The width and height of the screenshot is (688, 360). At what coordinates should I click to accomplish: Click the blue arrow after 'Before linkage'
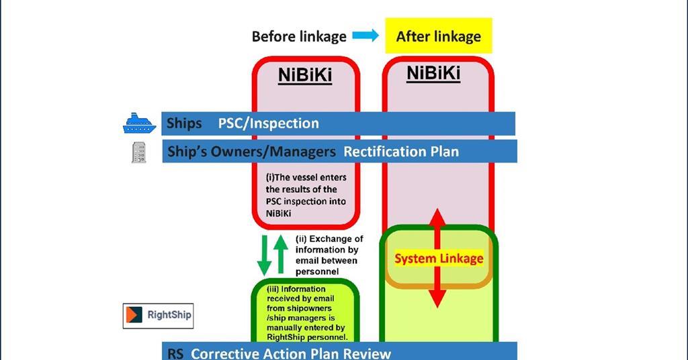pos(365,36)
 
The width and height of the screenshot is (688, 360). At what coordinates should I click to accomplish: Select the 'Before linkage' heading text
pos(299,36)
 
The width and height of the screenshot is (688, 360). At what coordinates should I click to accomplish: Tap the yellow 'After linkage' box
pos(438,36)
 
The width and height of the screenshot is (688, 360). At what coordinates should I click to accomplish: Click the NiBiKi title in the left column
pos(305,75)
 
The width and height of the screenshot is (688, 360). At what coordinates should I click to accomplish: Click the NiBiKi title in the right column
pos(433,73)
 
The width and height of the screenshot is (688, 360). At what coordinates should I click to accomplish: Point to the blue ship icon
pos(139,124)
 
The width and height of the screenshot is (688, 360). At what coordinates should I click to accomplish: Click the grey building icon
pos(138,152)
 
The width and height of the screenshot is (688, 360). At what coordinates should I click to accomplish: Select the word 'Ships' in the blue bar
pos(184,124)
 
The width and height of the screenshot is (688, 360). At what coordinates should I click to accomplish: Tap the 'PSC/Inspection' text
pos(268,124)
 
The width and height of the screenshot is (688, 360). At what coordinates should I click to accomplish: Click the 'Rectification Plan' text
pos(401,152)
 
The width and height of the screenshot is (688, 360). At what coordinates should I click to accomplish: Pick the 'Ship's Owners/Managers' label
pos(251,152)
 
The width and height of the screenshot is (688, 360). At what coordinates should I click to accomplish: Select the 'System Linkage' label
pos(438,259)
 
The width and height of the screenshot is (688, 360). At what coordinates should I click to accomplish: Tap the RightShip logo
pos(158,315)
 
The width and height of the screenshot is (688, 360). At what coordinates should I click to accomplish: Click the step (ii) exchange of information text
pos(329,255)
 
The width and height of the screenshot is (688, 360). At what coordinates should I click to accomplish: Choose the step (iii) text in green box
pos(306,313)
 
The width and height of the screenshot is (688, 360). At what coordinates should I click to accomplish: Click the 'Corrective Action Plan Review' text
pos(290,353)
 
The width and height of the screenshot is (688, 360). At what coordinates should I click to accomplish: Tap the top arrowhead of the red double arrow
pos(437,218)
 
